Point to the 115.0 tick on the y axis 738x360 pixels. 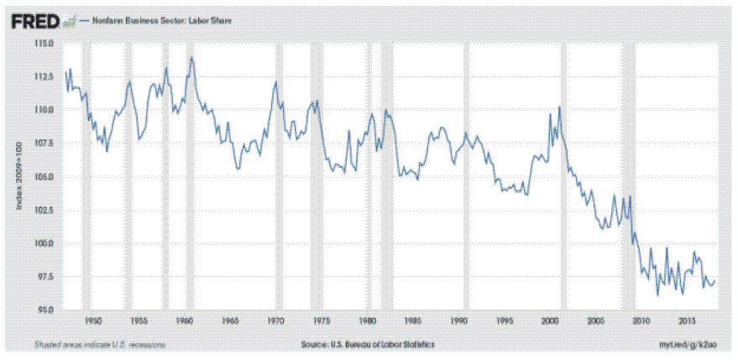coord(44,43)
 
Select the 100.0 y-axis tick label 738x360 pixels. coord(44,243)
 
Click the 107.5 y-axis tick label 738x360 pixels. coord(44,143)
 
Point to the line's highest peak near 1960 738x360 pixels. coord(192,58)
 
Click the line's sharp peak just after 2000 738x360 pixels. coord(559,107)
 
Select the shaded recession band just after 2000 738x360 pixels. coord(565,176)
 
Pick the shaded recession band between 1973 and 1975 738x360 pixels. coord(316,176)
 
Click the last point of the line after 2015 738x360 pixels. coord(715,281)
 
